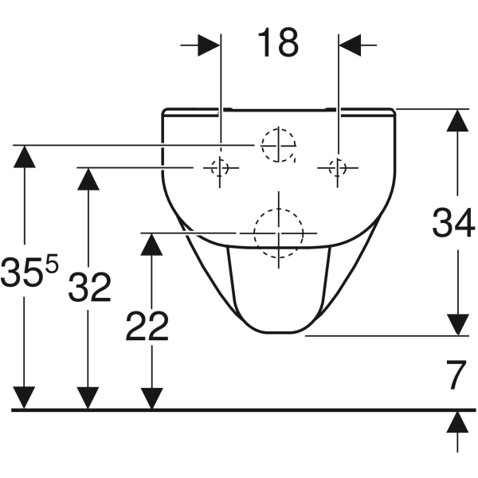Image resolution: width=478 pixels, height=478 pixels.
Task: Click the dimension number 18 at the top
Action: pos(278,42)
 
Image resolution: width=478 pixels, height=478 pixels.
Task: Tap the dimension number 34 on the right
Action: pos(453,222)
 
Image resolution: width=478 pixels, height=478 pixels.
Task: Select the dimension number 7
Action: pos(456,375)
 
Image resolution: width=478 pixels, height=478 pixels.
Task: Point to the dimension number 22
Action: pos(147,326)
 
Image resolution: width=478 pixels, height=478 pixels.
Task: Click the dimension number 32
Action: pos(89,287)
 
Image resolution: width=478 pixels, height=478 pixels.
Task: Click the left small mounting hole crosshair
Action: pos(220,167)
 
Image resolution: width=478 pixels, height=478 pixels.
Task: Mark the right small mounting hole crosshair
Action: pos(338,167)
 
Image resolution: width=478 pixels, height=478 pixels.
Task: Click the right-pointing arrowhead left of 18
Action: pos(209,45)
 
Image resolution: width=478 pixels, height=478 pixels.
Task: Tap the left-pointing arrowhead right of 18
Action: pos(350,45)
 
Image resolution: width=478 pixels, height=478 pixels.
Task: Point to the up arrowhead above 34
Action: pos(457,120)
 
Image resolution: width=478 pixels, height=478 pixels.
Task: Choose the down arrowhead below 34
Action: pos(457,325)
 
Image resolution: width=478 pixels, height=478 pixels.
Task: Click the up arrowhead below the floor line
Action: pos(457,422)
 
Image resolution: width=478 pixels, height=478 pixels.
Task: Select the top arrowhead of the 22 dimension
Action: pos(151,245)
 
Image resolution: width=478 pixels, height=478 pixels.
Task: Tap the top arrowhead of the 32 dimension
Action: pos(88,179)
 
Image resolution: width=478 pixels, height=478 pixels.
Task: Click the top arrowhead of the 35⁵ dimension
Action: pos(25,157)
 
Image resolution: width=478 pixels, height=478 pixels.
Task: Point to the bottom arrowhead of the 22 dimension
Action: pos(151,398)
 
